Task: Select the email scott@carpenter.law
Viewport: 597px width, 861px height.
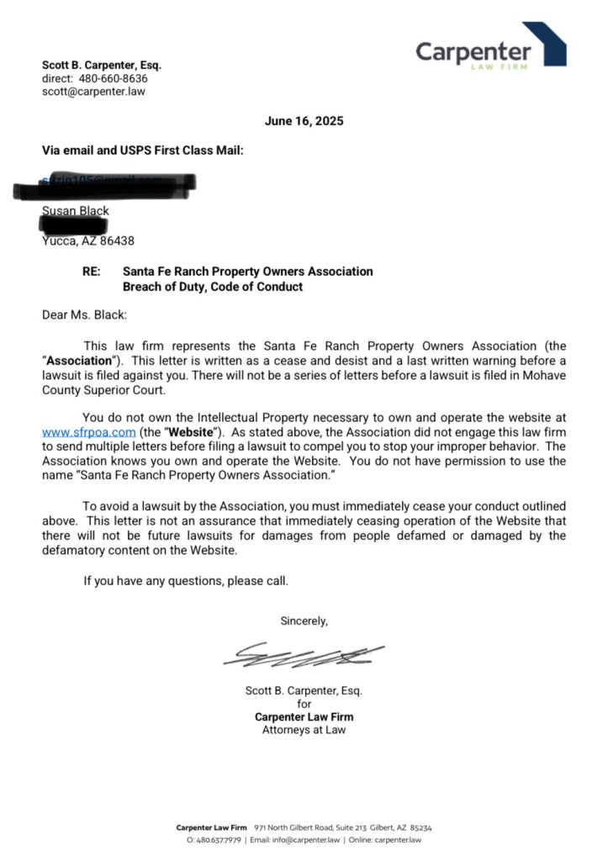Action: (93, 92)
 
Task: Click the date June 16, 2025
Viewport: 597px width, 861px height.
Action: (304, 121)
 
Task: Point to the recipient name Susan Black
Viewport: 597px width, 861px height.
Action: (76, 211)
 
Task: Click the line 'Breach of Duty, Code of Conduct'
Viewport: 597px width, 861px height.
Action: (212, 287)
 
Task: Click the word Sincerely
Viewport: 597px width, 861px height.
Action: (304, 621)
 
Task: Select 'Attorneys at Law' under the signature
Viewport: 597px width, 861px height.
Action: (304, 730)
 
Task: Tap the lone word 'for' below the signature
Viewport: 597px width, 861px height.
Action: (304, 704)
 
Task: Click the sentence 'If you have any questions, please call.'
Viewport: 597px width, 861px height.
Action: (186, 580)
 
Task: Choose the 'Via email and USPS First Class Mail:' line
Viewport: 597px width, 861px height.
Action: (143, 151)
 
